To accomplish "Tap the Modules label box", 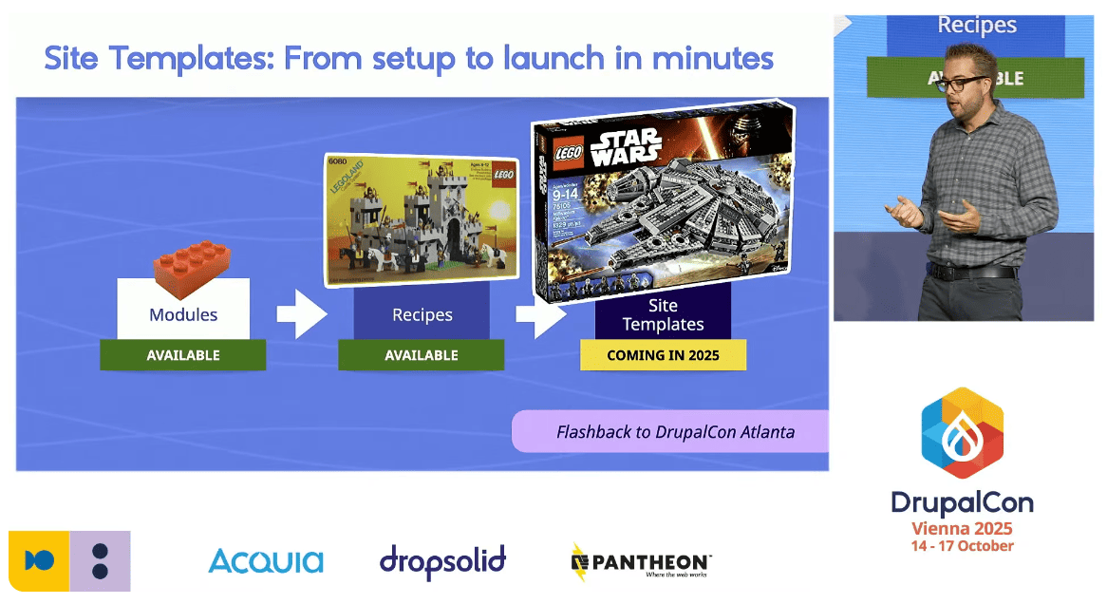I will [183, 314].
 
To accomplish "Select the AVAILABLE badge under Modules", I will [183, 355].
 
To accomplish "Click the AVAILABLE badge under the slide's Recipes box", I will [422, 355].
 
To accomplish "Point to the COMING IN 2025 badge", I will [663, 355].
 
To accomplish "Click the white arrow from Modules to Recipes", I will [301, 314].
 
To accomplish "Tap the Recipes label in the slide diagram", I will [422, 314].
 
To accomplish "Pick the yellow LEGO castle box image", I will [422, 218].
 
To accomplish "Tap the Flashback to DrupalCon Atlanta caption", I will [675, 432].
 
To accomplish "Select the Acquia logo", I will [266, 561].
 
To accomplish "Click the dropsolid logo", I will [442, 561].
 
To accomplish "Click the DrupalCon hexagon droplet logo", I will [962, 433].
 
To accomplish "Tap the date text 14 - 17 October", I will [962, 547].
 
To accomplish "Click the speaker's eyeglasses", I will [960, 85].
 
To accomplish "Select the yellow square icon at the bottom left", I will [39, 561].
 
